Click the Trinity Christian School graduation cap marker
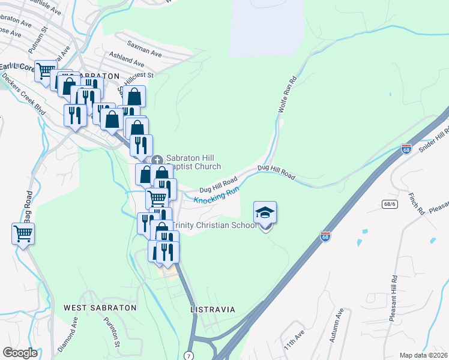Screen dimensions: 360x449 coord(265,213)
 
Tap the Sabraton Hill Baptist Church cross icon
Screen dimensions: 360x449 coord(158,160)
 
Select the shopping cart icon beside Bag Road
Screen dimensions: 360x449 coord(23,233)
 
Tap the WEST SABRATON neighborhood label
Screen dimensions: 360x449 coord(100,307)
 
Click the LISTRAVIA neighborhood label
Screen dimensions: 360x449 coord(212,310)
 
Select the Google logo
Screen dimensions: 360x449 coord(20,353)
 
